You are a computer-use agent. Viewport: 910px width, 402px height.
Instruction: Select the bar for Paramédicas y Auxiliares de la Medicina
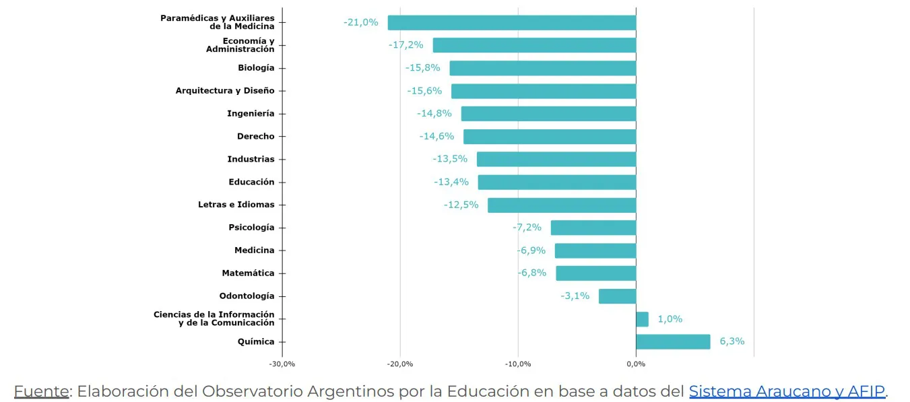512,22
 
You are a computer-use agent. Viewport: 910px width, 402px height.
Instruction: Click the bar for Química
673,341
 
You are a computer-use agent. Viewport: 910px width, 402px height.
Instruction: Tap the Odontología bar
617,296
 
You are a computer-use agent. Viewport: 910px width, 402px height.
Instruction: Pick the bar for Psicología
593,228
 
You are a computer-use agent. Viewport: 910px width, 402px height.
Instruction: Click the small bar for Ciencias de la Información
642,319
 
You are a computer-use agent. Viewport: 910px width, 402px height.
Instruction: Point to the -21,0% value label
361,22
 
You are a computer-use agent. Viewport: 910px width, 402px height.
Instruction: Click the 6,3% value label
732,341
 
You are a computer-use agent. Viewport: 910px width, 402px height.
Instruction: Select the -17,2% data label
406,45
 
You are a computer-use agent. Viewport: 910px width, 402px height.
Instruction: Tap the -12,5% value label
461,205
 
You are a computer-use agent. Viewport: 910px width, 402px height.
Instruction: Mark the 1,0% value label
670,319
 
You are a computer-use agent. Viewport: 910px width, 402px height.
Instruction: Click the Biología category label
256,68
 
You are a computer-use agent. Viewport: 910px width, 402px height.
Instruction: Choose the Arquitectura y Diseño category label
225,91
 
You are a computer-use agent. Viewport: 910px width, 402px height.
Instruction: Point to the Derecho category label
256,137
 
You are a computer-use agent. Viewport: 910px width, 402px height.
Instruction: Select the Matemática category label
248,273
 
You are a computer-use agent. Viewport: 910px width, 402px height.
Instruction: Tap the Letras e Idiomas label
236,205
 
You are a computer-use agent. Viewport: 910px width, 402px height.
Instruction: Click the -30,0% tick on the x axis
282,364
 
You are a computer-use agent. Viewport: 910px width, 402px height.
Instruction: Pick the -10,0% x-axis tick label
518,364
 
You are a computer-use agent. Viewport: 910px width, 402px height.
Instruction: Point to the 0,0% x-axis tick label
636,364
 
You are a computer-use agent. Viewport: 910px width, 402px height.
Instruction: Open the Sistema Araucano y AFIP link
787,391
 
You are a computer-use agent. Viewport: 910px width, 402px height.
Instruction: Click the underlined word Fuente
41,391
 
